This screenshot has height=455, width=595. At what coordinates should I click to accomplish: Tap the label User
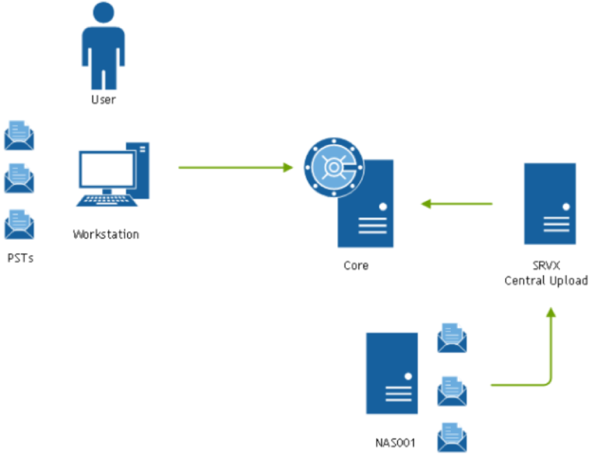tap(103, 100)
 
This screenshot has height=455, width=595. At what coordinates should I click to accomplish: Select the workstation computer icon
tap(112, 176)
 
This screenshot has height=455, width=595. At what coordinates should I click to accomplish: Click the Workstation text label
tap(106, 234)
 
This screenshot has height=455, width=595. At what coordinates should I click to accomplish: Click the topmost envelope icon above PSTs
tap(19, 135)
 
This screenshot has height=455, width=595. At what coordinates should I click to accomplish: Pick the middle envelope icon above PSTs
tap(19, 179)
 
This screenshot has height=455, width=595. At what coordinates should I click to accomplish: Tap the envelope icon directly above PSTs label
tap(19, 224)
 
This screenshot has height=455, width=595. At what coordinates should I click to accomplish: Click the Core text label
tap(356, 266)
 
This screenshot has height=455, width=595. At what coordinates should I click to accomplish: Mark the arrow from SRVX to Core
tap(457, 204)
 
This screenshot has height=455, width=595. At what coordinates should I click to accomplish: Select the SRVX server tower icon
tap(549, 204)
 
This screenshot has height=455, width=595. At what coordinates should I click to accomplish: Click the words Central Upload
tap(545, 281)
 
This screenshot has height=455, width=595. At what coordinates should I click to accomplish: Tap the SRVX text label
tap(545, 266)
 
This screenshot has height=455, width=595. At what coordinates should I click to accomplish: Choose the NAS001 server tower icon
tap(391, 373)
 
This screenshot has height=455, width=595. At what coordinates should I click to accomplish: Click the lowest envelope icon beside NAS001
tap(452, 437)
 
